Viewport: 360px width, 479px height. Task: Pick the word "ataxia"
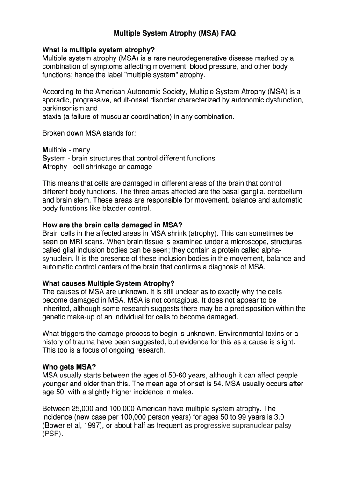point(51,116)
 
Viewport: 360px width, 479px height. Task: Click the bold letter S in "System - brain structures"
point(44,158)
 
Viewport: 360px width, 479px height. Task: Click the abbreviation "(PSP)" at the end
point(52,434)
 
